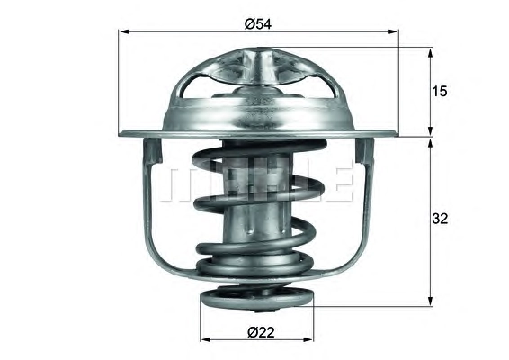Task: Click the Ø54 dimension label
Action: pos(258,23)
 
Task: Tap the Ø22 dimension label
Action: pos(262,332)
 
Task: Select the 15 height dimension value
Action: pos(440,92)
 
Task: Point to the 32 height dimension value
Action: pos(440,219)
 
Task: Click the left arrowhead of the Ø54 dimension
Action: pos(125,31)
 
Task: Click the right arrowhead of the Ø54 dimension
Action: pos(393,31)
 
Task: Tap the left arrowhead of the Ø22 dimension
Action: pos(205,340)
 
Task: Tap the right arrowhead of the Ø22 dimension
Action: pos(308,340)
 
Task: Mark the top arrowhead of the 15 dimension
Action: pos(431,54)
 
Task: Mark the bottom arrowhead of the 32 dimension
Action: pos(431,301)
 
